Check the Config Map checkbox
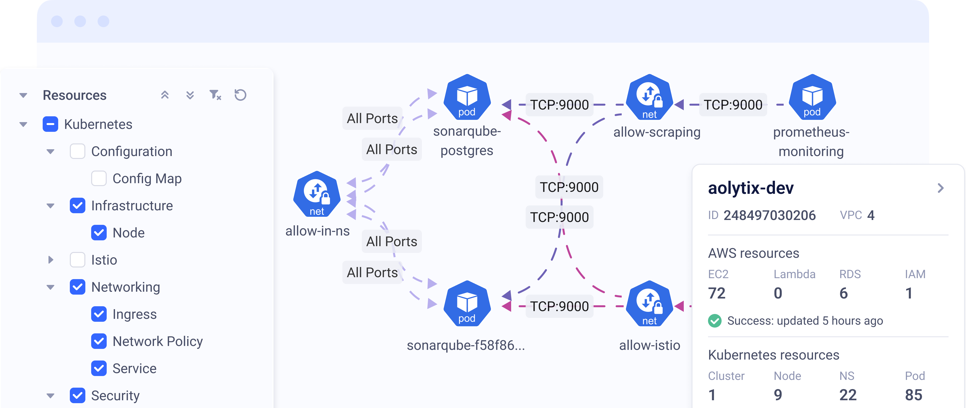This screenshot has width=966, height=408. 99,178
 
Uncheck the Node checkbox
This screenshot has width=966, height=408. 99,233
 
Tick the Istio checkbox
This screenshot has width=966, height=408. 78,260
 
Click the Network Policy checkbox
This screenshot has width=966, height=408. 99,341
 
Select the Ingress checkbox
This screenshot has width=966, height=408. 99,314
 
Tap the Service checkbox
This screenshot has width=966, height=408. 99,368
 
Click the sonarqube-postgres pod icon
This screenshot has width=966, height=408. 467,97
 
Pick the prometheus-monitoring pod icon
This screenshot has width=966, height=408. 812,97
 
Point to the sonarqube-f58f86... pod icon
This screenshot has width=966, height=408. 467,304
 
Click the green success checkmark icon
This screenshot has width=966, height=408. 715,321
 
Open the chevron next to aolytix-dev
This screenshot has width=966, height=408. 941,188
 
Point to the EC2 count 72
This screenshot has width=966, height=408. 717,293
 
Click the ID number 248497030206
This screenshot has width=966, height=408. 770,215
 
